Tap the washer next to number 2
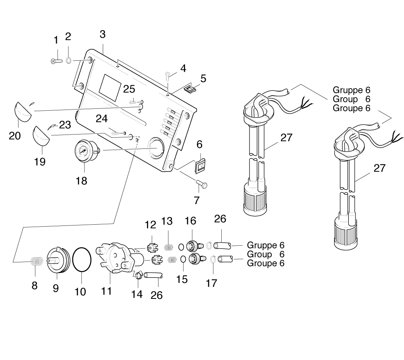pos(68,61)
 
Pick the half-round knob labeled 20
pos(23,112)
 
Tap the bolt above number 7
pos(202,183)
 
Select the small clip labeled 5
pos(191,89)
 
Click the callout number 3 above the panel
pos(102,35)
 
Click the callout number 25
pos(129,89)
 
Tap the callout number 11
pos(106,291)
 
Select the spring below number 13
pos(170,247)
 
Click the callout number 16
pos(190,221)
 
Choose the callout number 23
pos(65,125)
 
